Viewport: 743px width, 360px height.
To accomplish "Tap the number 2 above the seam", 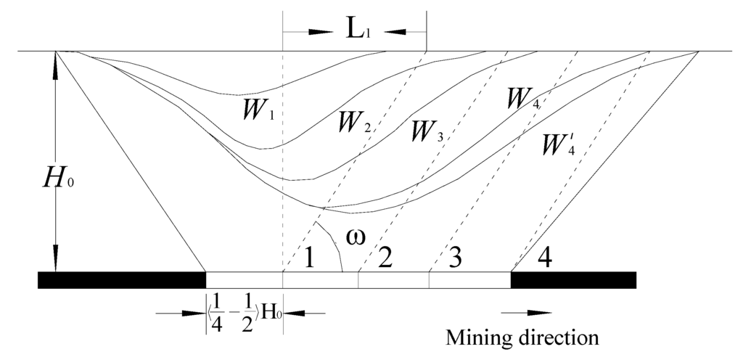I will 385,257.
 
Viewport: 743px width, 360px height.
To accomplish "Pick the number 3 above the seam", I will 454,257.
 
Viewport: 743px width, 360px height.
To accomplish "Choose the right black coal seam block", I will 573,279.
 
